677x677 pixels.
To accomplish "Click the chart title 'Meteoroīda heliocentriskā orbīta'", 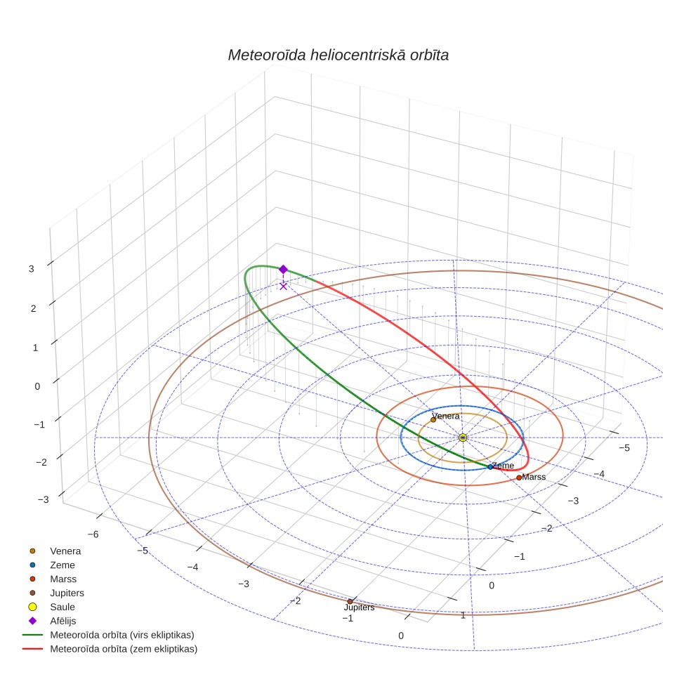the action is point(338,55).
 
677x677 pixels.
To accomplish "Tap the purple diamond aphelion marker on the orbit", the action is point(283,270).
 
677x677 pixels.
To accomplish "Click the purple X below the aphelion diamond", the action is point(283,287).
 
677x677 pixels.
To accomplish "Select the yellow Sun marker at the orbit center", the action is point(463,438).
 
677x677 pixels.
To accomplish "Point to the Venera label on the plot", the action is point(445,416).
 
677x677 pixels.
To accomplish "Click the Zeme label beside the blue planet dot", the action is point(504,466).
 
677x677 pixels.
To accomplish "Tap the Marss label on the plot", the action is point(534,477).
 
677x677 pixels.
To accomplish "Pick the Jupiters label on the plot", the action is point(360,607).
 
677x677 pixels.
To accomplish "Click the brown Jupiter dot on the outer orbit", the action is point(350,601).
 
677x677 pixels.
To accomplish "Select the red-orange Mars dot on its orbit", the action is point(519,478).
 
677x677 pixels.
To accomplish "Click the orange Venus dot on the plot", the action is point(433,420).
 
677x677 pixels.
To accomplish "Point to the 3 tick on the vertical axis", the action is point(31,269).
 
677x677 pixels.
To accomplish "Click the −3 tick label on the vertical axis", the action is point(43,499).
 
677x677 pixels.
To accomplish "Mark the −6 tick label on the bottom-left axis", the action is point(93,534).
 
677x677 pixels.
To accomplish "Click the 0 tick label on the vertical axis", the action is point(37,386).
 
